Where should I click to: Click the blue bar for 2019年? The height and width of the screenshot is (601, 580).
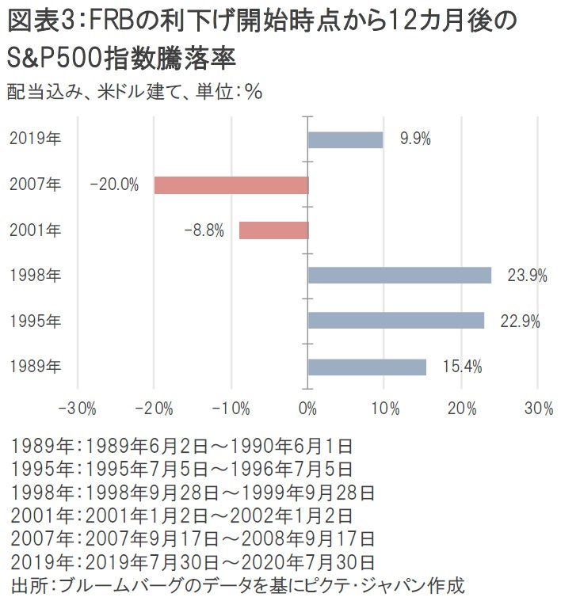345,139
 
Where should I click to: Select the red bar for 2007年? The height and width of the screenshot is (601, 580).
231,185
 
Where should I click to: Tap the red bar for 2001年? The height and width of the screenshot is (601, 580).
273,230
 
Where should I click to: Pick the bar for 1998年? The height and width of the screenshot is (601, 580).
399,276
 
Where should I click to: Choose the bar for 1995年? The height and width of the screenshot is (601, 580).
395,321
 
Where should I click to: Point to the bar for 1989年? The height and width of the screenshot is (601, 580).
367,367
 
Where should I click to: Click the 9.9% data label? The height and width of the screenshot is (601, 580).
415,139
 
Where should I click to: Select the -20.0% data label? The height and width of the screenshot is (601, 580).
115,185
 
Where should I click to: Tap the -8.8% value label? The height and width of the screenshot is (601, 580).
204,230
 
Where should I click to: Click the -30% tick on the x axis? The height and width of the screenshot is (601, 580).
78,409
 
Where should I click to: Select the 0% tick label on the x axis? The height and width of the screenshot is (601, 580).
307,409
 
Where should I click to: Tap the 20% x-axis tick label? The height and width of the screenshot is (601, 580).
461,409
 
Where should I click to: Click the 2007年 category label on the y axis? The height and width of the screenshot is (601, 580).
35,185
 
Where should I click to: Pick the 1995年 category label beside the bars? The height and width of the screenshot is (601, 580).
35,321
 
